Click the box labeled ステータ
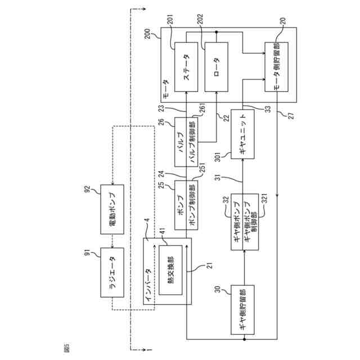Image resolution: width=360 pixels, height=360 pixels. [186, 67]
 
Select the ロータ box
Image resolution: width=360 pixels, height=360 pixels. [216, 67]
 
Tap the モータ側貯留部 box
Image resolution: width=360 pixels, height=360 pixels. [276, 67]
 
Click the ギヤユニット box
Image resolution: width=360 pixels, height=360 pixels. [242, 134]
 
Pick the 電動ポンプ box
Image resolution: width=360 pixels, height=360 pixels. [112, 209]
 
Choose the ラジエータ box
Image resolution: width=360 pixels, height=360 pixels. [112, 272]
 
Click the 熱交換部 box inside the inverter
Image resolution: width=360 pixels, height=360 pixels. [171, 270]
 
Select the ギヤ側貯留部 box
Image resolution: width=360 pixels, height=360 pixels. [242, 310]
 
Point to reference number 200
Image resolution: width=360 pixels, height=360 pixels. [147, 34]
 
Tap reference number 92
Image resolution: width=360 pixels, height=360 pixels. [88, 190]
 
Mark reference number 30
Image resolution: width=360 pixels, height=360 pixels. [218, 289]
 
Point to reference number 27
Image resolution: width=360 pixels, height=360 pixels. [291, 115]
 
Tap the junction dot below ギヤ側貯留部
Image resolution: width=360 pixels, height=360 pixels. [244, 339]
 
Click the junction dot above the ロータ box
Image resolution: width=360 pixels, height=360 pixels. [216, 32]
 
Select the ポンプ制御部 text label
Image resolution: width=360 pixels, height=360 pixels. [192, 205]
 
